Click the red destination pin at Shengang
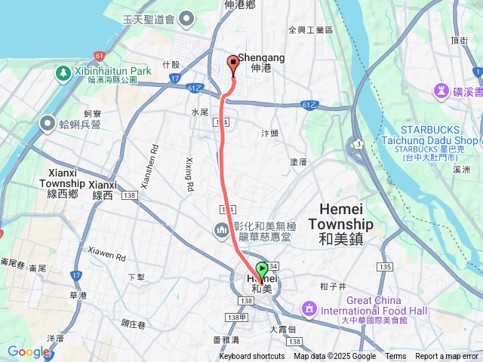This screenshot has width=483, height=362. tap(233, 64)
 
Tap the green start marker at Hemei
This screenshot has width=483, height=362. tap(262, 269)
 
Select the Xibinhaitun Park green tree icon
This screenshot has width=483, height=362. tap(63, 73)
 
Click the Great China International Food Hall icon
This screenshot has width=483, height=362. tap(309, 308)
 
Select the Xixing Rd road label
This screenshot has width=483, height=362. tap(189, 174)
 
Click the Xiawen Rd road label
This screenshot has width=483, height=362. tap(106, 254)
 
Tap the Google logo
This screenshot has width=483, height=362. tap(28, 351)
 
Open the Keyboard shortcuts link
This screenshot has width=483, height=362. tap(252, 357)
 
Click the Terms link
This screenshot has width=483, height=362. tap(395, 357)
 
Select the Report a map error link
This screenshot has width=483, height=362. tap(448, 357)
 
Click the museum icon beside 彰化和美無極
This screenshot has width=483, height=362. tap(222, 229)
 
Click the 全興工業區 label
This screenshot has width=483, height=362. tap(310, 30)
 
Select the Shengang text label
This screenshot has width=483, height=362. tap(261, 57)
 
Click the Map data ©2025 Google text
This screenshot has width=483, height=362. tap(335, 357)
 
